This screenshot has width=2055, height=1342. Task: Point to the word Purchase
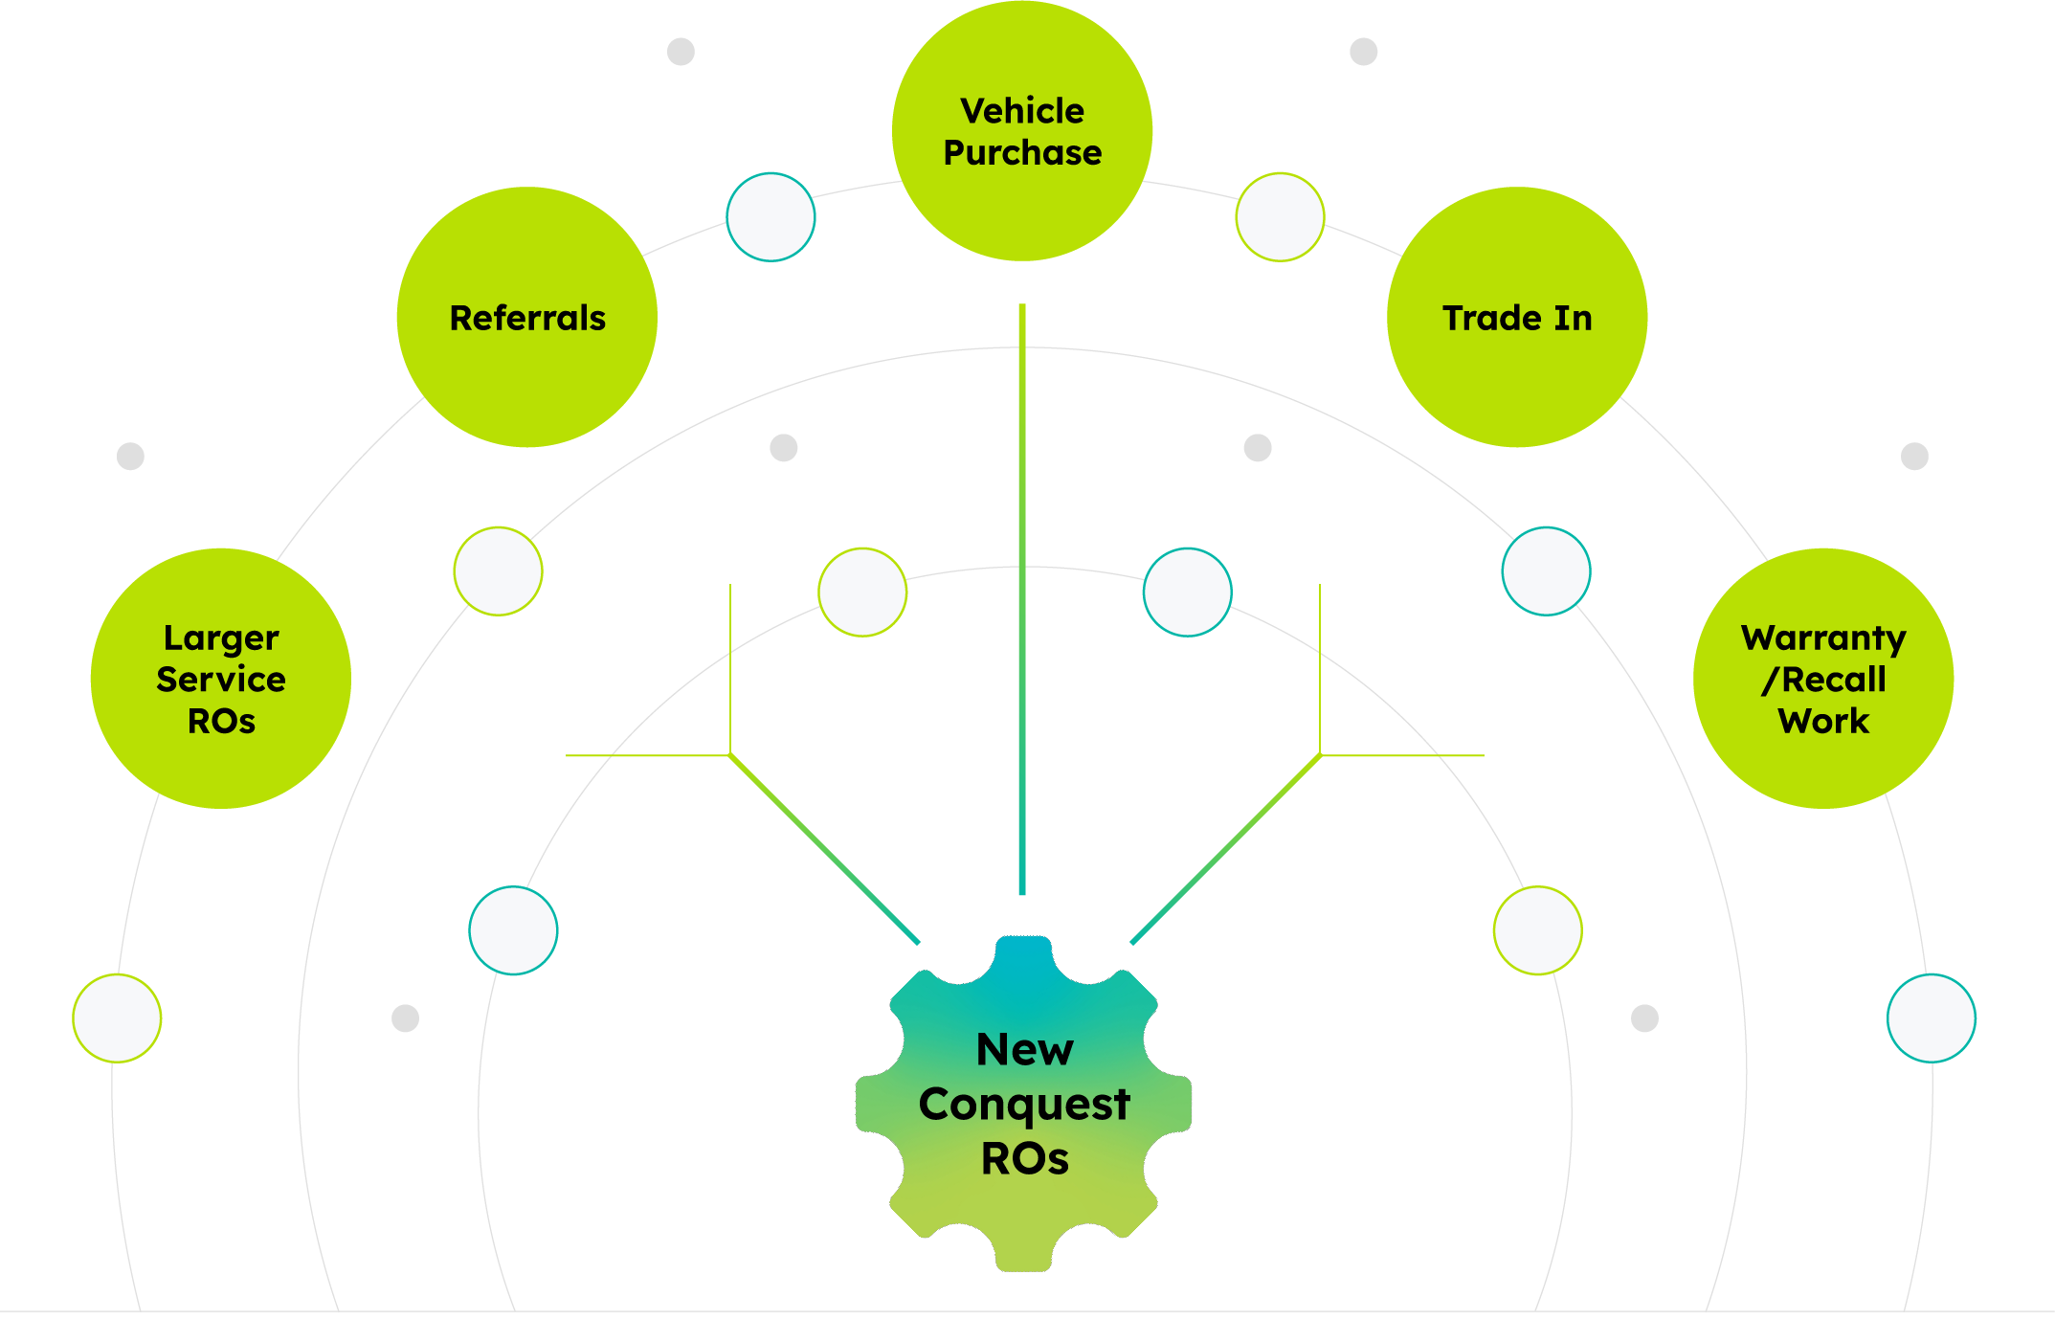1022,153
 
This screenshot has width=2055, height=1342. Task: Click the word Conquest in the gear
1024,1104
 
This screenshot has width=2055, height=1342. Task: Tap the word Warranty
1823,637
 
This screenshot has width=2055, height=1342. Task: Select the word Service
221,680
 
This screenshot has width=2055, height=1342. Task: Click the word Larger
221,637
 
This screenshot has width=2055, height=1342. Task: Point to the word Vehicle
1022,111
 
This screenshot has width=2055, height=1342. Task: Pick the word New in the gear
1024,1049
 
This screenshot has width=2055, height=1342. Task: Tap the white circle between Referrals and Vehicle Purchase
771,217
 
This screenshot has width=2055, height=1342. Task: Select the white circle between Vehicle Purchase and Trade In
1280,217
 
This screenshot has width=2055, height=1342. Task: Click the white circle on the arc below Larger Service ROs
117,1018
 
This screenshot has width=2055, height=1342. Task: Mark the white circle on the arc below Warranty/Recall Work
1931,1018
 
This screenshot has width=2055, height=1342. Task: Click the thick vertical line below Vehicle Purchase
1022,593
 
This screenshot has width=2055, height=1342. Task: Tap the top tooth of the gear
1024,957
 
